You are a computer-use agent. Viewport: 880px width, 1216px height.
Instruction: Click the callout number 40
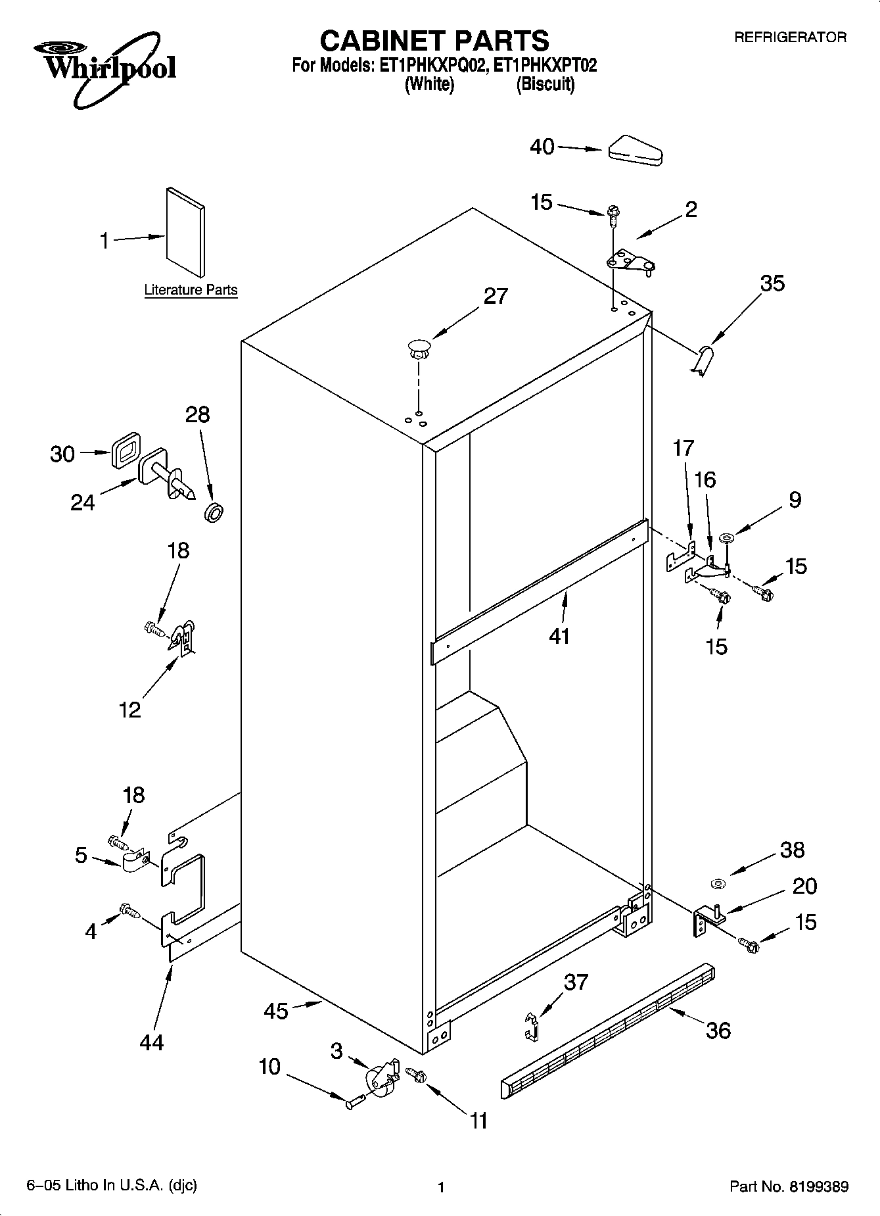click(542, 147)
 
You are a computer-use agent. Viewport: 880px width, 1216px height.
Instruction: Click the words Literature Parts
click(191, 290)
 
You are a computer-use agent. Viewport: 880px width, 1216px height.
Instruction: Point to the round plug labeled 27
click(418, 348)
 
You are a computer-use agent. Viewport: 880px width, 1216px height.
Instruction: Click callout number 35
click(772, 283)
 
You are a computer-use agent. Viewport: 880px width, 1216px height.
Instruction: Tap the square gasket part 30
click(126, 450)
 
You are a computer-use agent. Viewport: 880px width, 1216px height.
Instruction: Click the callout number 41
click(559, 636)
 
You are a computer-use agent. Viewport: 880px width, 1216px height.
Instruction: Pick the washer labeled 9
click(728, 539)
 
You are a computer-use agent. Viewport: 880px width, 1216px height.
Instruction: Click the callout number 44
click(152, 1042)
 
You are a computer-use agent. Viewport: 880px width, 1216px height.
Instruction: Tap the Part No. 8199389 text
click(789, 1187)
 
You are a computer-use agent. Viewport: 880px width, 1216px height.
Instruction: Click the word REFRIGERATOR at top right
click(790, 37)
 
